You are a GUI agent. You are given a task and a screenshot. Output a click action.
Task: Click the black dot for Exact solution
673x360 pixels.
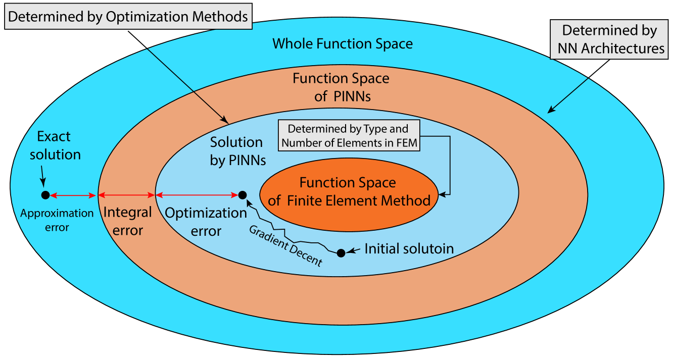[x=45, y=195]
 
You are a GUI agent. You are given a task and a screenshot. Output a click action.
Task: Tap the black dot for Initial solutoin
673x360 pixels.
[x=341, y=252]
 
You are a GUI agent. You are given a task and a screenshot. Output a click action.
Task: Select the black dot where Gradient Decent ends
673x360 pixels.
[x=243, y=195]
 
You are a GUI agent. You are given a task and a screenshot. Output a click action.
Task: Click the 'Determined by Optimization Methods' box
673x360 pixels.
[x=128, y=17]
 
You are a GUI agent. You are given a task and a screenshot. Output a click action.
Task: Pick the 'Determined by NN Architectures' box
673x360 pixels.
[x=609, y=39]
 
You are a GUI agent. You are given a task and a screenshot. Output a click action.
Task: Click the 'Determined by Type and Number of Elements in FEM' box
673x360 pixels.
[x=350, y=136]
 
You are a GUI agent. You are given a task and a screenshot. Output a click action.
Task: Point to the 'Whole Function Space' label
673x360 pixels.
[x=343, y=44]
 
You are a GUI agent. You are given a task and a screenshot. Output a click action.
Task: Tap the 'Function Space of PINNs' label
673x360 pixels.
[x=342, y=87]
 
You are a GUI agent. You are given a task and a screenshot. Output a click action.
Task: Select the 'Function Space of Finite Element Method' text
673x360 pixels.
[x=349, y=191]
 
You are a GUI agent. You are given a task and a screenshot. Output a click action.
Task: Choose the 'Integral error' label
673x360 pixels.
[x=127, y=221]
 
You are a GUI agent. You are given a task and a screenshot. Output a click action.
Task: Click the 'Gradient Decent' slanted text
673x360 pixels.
[x=285, y=245]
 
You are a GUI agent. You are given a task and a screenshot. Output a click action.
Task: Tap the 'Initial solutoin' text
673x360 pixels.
[x=409, y=249]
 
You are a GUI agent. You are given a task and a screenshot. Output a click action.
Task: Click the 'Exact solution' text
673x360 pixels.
[x=55, y=145]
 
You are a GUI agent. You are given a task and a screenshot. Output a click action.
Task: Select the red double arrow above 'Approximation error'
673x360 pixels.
[x=73, y=195]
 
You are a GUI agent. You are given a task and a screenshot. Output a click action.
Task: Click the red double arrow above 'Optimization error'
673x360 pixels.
[x=197, y=195]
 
